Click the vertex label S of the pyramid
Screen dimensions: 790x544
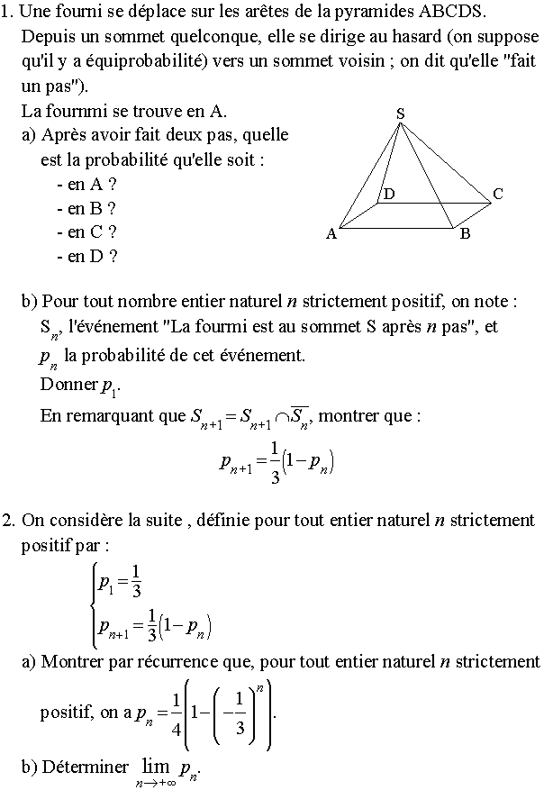(x=400, y=113)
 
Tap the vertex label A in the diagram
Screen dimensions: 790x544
(x=331, y=234)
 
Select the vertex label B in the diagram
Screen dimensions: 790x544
(x=465, y=234)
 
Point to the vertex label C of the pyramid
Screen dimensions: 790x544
(x=497, y=194)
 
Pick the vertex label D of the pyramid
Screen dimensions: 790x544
(x=389, y=194)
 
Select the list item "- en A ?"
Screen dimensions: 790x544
(x=86, y=185)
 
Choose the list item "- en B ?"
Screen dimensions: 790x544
(x=86, y=208)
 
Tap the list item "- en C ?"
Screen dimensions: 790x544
(x=86, y=232)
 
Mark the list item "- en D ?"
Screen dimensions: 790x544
(x=86, y=256)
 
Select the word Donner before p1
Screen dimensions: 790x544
(x=69, y=385)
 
